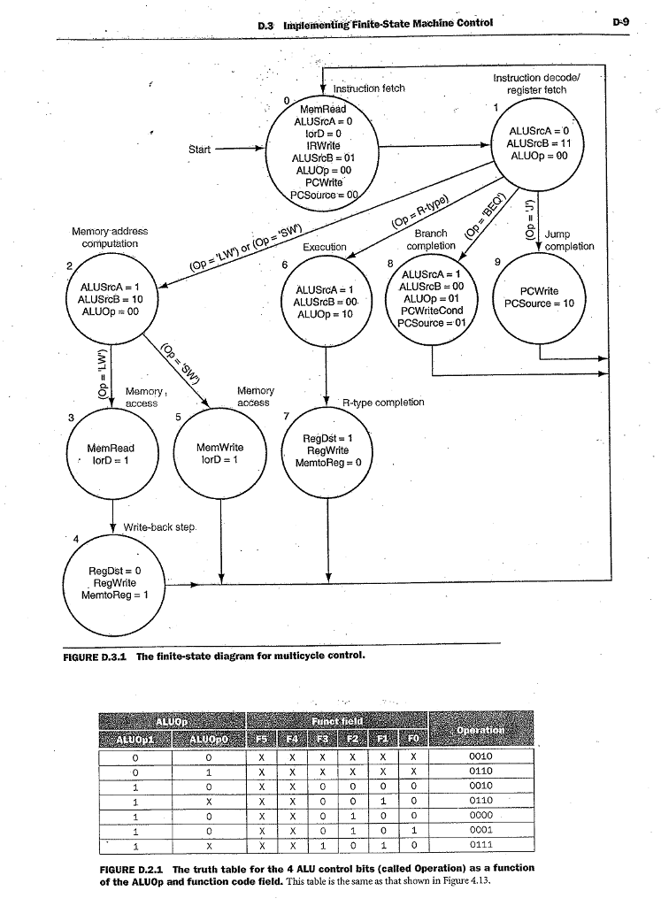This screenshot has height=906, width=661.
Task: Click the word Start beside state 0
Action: (x=199, y=149)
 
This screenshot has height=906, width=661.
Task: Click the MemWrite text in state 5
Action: (x=219, y=448)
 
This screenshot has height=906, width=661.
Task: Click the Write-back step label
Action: (x=159, y=526)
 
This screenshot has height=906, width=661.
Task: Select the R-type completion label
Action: (x=383, y=403)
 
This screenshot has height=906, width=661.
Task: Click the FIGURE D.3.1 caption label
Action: (x=95, y=657)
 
